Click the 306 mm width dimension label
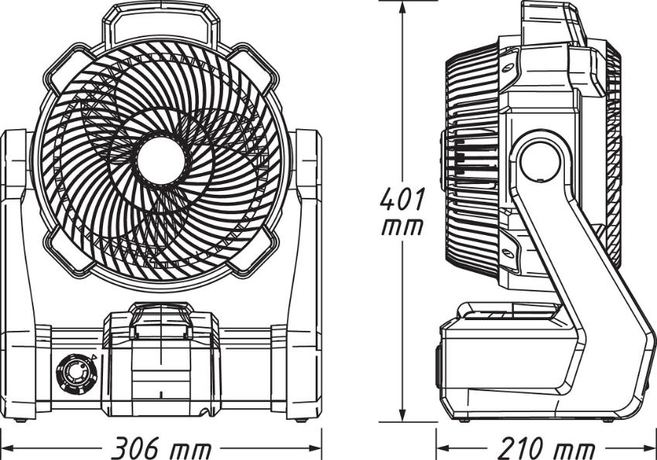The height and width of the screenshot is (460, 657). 163,448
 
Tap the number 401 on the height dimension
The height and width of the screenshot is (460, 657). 402,199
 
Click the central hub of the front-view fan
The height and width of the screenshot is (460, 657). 161,160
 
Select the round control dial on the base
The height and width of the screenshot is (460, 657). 77,373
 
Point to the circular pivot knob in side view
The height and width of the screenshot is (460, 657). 540,162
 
